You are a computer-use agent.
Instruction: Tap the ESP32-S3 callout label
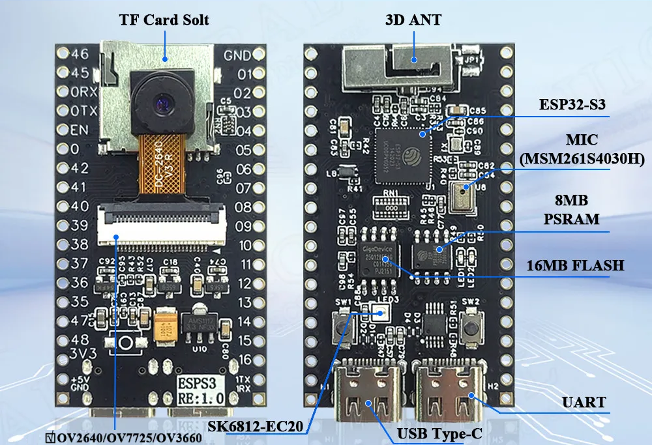pyautogui.click(x=571, y=105)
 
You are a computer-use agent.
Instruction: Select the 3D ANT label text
pyautogui.click(x=413, y=20)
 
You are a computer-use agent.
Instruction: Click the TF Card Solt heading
pyautogui.click(x=164, y=20)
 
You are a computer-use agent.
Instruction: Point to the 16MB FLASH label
pyautogui.click(x=575, y=265)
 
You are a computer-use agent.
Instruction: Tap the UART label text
pyautogui.click(x=585, y=403)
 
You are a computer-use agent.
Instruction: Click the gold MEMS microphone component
pyautogui.click(x=464, y=195)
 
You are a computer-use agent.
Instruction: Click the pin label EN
pyautogui.click(x=80, y=130)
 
